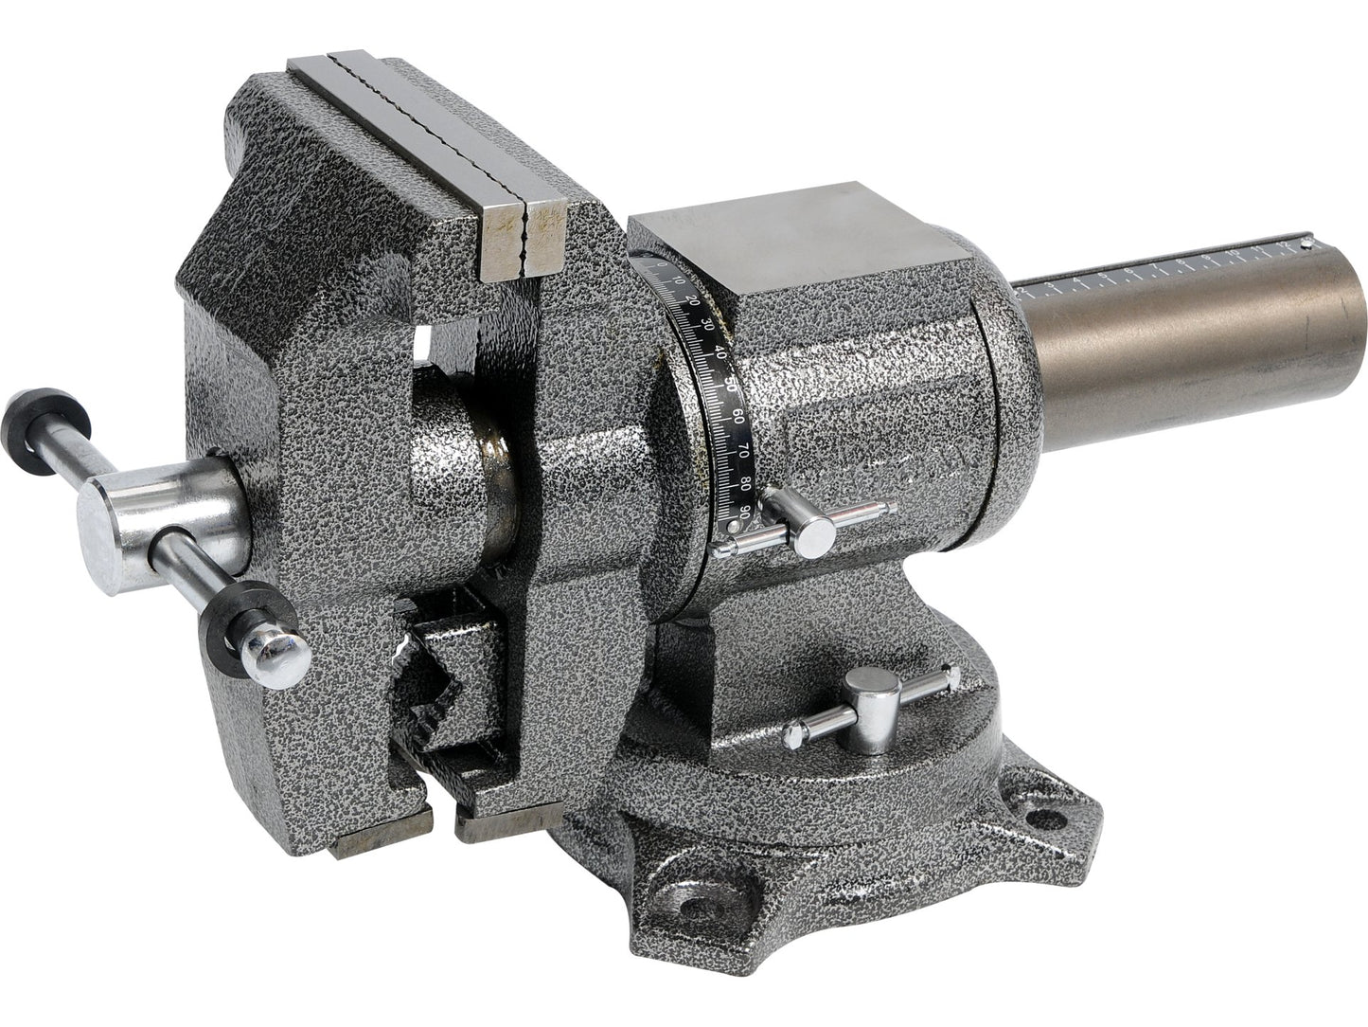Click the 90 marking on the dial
pos(745,513)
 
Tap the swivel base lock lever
pos(872,700)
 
